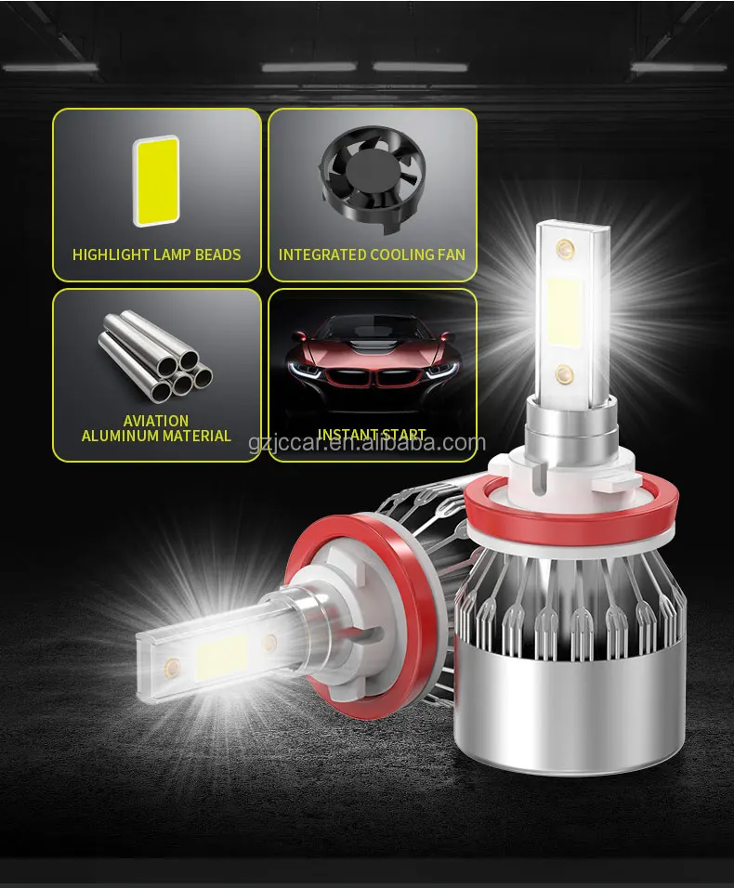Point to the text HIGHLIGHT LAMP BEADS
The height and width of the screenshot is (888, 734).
156,255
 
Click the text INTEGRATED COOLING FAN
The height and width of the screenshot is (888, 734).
372,255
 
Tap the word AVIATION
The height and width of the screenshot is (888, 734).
156,421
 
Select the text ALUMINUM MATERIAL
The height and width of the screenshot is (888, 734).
156,436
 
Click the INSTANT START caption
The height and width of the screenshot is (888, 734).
372,435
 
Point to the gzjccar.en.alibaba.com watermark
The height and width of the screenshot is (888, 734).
367,444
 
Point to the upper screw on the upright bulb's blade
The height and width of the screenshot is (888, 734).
564,249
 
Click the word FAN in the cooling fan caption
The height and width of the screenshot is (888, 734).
450,255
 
